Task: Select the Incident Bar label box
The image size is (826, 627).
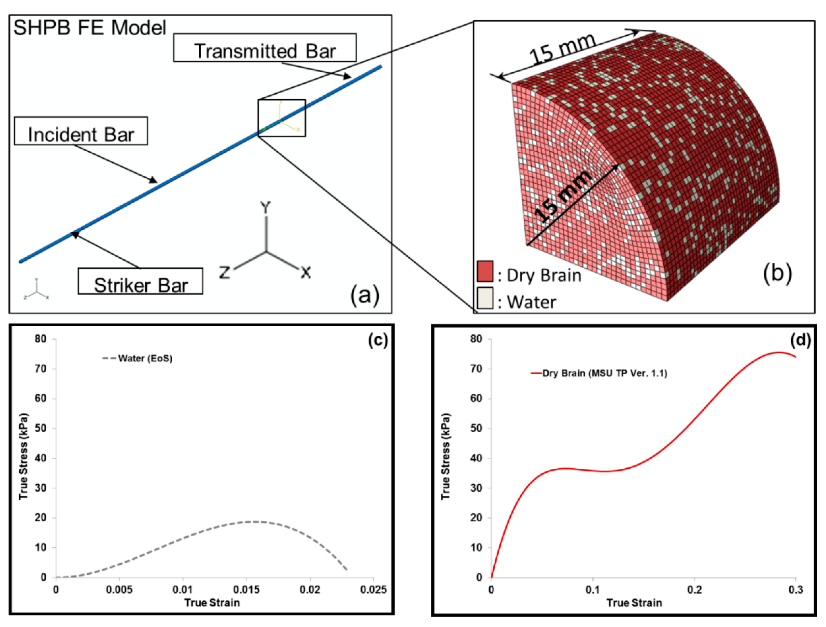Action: tap(81, 131)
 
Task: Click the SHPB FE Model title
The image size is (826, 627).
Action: tap(90, 28)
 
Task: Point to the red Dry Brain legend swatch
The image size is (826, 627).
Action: tap(485, 271)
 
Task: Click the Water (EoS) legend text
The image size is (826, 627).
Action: tap(145, 358)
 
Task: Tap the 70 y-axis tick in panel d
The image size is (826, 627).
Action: tap(476, 369)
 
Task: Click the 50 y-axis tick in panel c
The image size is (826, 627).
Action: tap(41, 428)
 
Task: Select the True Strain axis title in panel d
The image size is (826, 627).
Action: tap(634, 603)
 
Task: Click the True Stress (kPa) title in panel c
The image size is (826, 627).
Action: tap(24, 456)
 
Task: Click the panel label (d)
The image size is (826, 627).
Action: tap(800, 340)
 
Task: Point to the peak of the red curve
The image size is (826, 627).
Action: tap(779, 352)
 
